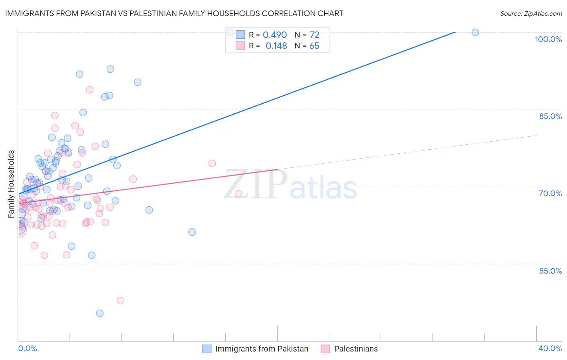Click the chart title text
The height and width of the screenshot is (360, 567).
(174, 13)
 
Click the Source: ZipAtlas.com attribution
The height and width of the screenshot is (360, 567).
(531, 13)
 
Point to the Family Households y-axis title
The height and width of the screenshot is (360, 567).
(11, 184)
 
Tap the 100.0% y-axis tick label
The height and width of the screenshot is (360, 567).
(548, 39)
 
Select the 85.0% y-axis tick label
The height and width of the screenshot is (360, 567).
(550, 116)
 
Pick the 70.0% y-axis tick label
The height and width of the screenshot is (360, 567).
(550, 193)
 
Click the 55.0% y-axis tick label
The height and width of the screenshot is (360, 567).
(550, 271)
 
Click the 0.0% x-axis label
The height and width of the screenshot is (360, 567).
(27, 348)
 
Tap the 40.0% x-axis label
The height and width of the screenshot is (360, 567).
(550, 348)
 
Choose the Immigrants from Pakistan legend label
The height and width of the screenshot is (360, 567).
(262, 349)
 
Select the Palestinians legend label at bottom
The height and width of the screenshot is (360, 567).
(356, 349)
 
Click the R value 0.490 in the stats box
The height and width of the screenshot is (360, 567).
(275, 35)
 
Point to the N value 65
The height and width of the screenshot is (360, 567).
(314, 46)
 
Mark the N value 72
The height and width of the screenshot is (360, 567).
(315, 35)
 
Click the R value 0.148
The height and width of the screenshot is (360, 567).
(276, 46)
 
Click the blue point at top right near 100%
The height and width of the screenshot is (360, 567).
(475, 32)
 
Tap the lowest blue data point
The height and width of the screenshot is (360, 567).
(100, 313)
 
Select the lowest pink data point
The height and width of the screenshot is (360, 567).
(120, 301)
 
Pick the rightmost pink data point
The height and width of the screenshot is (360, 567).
(238, 194)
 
